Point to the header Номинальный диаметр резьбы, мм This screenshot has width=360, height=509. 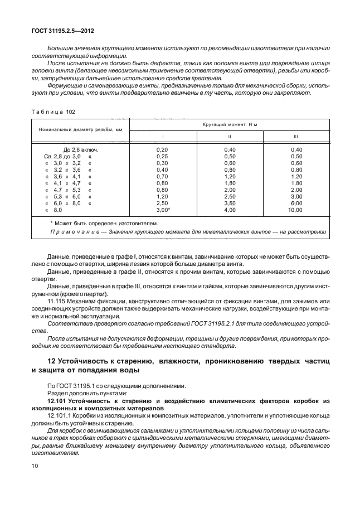point(80,130)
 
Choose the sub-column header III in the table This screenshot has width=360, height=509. point(296,137)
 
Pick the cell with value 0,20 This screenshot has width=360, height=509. point(162,150)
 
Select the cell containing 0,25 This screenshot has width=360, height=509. point(162,157)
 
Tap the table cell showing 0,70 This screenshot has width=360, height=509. point(162,176)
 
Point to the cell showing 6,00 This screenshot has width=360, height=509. point(296,203)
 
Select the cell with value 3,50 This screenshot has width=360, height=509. point(230,203)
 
